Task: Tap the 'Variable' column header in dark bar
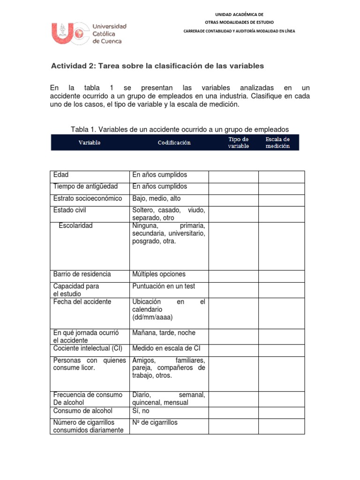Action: pos(89,142)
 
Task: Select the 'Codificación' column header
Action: pos(174,142)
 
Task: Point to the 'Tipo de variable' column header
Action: pos(238,142)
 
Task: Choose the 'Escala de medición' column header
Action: pos(277,142)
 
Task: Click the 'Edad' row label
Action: pos(61,175)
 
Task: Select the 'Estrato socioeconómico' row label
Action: pos(88,198)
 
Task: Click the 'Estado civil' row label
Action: pos(70,210)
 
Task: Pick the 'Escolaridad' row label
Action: pos(75,225)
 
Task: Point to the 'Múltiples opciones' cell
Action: pos(159,274)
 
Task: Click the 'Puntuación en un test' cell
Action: pos(164,286)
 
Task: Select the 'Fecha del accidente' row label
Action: pos(82,301)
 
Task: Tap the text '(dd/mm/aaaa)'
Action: pos(152,317)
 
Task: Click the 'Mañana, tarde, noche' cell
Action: pos(164,332)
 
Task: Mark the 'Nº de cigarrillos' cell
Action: pos(155,422)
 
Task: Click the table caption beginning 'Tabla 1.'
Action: pos(180,129)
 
